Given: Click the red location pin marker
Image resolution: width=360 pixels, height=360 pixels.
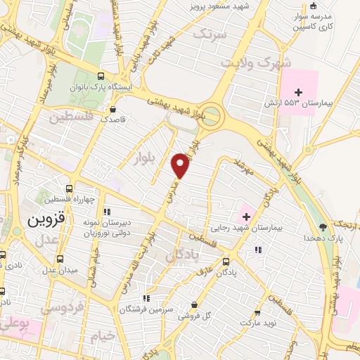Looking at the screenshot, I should tap(181, 165).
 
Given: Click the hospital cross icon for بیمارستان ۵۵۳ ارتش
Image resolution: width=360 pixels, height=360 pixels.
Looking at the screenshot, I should tap(300, 91).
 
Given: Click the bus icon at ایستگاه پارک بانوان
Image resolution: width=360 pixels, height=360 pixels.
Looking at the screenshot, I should tap(101, 76).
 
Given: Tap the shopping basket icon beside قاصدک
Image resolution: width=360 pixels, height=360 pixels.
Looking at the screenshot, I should tap(113, 109).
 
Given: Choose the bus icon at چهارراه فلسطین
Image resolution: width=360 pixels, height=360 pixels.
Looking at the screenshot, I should tap(68, 188).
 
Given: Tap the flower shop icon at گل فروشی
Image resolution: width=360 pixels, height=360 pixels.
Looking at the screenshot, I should tap(195, 304).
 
